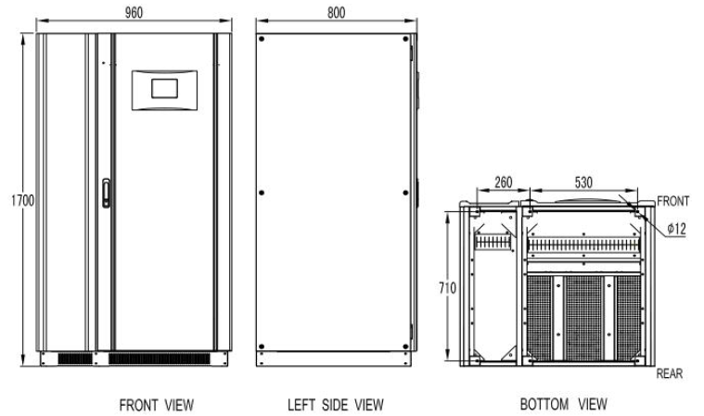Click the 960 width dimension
coord(134,13)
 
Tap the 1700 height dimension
coord(22,200)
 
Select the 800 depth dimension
coord(337,13)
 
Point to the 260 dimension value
coord(504,182)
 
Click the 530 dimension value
coord(583,182)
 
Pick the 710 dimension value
coord(447,288)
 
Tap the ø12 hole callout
coord(676,229)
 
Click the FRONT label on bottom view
coord(672,201)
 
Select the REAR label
coord(669,373)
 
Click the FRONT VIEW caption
coord(157,405)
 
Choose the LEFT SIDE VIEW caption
coord(336,405)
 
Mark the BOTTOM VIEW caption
coord(563,404)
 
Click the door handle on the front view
coord(106,194)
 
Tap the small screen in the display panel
coord(164,88)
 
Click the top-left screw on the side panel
coord(262,39)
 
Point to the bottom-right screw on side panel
coord(405,347)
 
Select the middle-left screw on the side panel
coord(262,193)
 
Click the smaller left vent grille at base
coord(75,359)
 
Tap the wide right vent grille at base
coord(160,359)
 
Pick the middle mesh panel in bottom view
coord(583,319)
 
